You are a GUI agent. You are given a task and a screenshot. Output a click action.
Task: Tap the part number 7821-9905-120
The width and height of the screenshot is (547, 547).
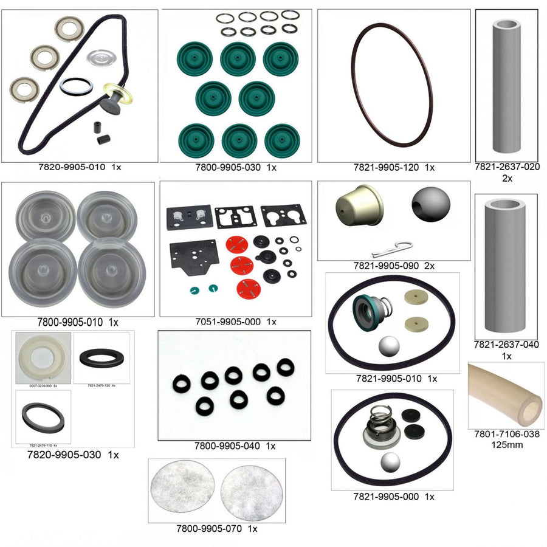point(387,167)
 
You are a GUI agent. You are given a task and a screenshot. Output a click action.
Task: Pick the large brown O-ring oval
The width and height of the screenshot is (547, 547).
point(391,84)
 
